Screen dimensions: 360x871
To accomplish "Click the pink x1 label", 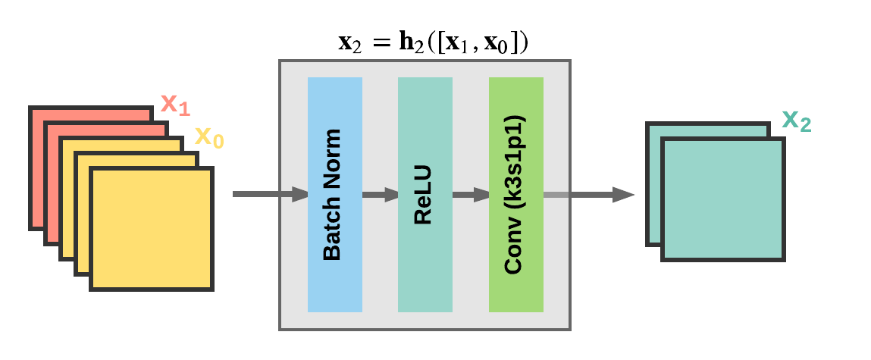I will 174,105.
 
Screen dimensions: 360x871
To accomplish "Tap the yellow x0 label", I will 209,137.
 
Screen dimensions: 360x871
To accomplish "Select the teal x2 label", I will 796,121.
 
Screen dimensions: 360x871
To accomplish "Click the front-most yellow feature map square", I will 152,229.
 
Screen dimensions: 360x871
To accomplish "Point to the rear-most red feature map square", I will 91,114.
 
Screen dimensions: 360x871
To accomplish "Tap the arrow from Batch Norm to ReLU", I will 380,195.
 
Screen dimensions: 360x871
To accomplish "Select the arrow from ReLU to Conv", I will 471,195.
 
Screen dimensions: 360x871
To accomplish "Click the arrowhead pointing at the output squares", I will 623,195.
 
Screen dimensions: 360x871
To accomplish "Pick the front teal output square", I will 723,199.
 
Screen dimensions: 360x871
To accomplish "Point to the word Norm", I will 332,163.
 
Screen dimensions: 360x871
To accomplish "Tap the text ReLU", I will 423,195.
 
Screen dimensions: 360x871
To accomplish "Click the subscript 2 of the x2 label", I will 805,125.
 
